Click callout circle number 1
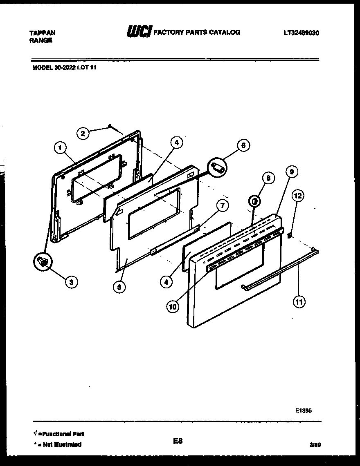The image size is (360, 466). pos(60,147)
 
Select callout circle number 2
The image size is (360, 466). pos(83,133)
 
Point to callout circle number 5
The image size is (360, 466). pos(119,287)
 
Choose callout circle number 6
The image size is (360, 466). pos(243,145)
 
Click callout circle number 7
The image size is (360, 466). pos(222,206)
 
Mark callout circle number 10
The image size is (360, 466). pos(173,307)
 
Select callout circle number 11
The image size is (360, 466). pos(299,302)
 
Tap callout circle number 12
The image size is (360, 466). pos(298,196)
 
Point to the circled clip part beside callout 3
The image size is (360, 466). pos(43,262)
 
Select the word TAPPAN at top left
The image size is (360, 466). pos(43,33)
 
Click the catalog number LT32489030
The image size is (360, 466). pos(301,33)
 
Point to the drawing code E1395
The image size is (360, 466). pos(303,411)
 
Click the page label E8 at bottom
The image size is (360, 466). pos(178,441)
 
